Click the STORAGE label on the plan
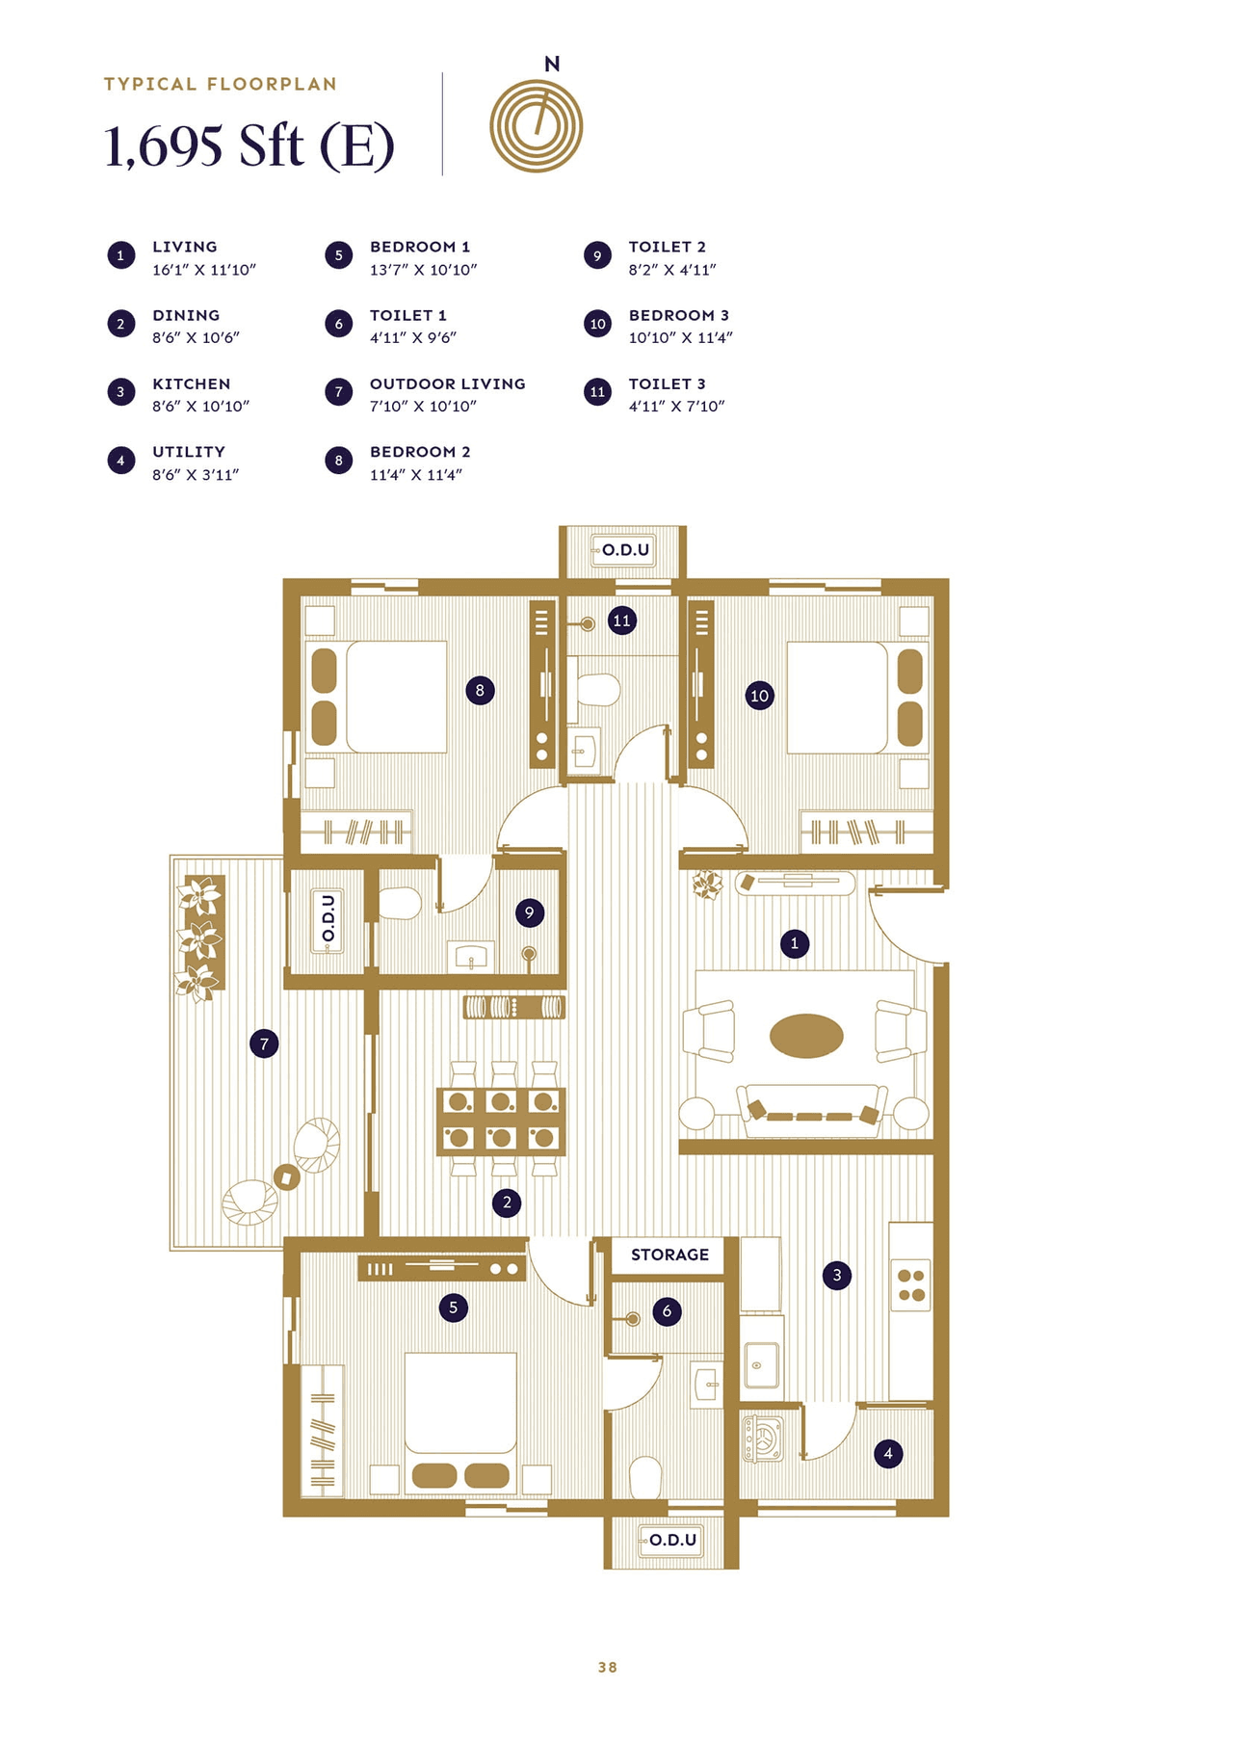click(669, 1255)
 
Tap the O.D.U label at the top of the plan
click(625, 550)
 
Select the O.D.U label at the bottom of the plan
click(672, 1540)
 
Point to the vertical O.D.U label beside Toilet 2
click(328, 918)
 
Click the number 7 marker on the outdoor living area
click(264, 1044)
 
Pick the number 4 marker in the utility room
click(888, 1453)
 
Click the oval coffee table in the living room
click(806, 1037)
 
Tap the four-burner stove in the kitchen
click(910, 1285)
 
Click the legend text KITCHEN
click(192, 383)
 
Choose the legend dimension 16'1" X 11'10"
click(204, 270)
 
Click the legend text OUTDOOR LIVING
click(448, 383)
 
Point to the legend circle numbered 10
click(597, 324)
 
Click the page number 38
click(607, 1667)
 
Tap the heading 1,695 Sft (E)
click(249, 146)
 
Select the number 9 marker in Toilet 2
click(529, 912)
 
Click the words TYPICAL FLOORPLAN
click(221, 84)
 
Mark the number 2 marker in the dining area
click(507, 1202)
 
